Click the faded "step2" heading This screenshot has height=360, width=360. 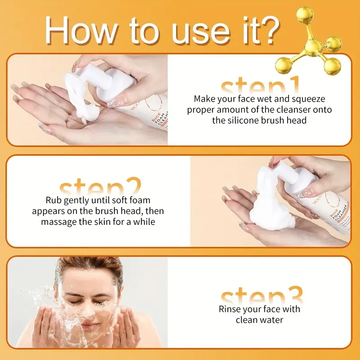(100, 187)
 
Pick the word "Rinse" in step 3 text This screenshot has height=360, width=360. (230, 309)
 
